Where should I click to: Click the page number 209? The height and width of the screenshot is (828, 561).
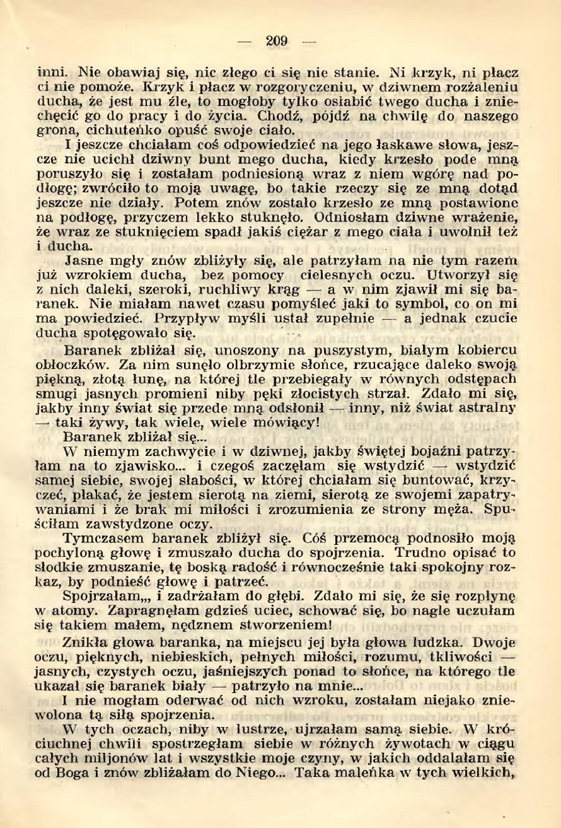pos(277,42)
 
